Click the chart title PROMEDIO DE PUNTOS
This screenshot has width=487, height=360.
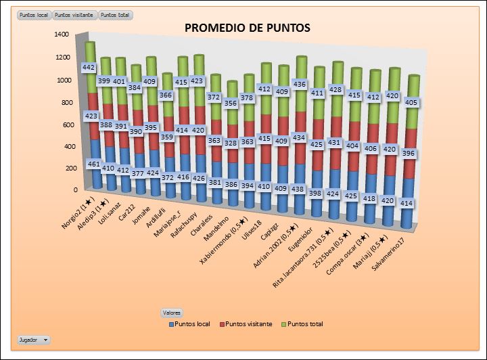coord(247,28)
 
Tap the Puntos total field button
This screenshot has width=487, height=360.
coord(116,15)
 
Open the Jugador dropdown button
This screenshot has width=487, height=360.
coord(33,339)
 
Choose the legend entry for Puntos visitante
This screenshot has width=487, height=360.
coord(248,324)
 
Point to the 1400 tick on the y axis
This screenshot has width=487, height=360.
coord(62,34)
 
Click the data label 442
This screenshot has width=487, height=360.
coord(89,68)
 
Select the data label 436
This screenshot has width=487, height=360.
coord(298,84)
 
